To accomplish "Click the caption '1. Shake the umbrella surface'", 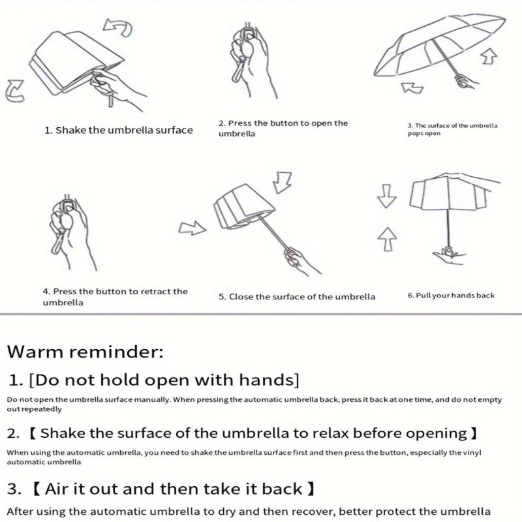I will point(119,130).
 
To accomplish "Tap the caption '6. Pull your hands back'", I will point(451,296).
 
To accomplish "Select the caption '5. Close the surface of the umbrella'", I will point(297,296).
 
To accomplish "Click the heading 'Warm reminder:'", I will point(85,353).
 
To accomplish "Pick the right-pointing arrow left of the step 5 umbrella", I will point(192,228).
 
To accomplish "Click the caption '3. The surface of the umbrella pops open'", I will point(452,129).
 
